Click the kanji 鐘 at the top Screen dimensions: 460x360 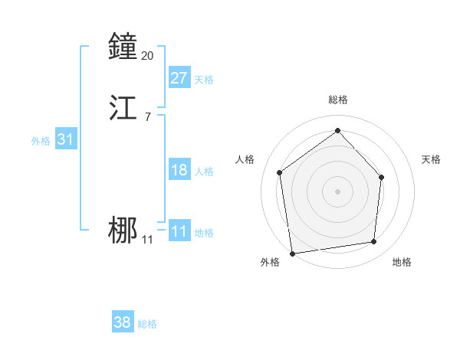point(123,47)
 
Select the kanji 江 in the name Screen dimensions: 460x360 point(123,108)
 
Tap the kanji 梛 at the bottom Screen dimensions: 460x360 point(123,231)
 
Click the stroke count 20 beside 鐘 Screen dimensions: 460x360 point(148,55)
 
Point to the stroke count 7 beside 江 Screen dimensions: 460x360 point(147,116)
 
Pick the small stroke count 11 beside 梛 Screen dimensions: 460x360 point(147,240)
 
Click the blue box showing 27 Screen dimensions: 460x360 point(179,77)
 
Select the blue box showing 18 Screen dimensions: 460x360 point(179,170)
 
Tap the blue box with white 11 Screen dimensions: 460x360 point(179,231)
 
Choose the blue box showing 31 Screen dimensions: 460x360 point(65,139)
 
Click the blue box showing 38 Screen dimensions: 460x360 point(123,322)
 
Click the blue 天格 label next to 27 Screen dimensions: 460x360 point(204,80)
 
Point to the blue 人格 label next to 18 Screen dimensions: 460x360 point(204,172)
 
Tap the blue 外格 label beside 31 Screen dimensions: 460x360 point(41,141)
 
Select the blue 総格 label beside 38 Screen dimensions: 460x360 point(147,325)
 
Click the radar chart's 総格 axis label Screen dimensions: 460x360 point(337,100)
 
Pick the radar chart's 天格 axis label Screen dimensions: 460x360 point(431,159)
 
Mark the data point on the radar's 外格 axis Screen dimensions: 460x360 point(292,253)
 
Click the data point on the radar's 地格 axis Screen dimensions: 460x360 point(374,241)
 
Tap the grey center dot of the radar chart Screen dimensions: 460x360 point(337,191)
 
